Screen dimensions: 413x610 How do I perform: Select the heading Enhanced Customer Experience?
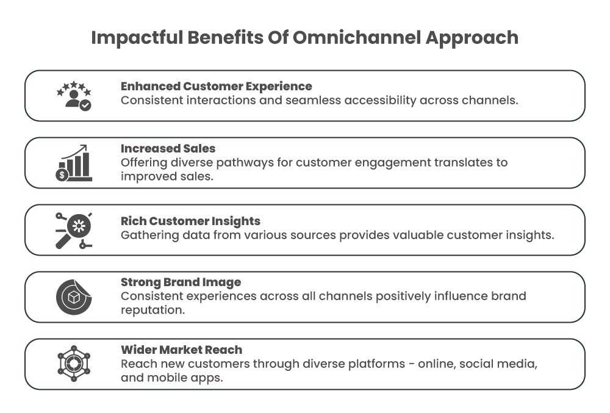click(x=216, y=87)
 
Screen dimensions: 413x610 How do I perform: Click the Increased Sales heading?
click(x=168, y=149)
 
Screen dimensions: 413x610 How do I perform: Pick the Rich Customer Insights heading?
click(x=190, y=221)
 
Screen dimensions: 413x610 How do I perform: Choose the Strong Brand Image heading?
click(x=181, y=282)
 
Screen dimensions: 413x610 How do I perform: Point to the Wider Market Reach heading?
click(x=181, y=350)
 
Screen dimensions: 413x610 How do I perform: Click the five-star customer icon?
click(x=74, y=96)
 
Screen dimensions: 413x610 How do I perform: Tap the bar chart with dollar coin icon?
click(x=74, y=163)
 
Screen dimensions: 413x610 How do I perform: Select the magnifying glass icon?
click(x=74, y=230)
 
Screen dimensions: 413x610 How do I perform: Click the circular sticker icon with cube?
click(x=74, y=296)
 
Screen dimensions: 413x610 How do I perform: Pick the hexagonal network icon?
click(x=74, y=364)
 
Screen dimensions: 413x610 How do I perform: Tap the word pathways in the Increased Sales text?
click(x=253, y=163)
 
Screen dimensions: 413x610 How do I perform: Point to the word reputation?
click(x=152, y=310)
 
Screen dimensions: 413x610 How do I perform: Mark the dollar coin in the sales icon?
click(x=62, y=175)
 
